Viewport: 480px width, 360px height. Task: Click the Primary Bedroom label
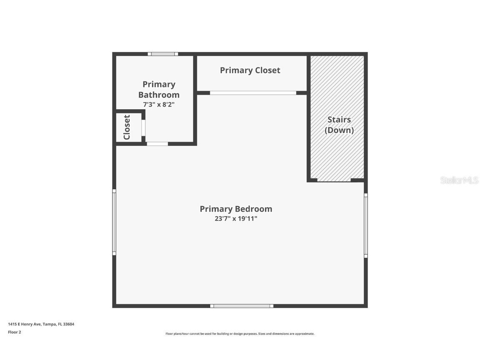[236, 209]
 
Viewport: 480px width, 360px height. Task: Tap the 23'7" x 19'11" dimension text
[236, 219]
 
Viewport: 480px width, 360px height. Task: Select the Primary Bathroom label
[159, 90]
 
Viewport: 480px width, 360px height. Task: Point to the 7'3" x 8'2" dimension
[159, 104]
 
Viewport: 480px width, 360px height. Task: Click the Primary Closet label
[250, 70]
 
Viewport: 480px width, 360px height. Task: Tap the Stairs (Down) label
[339, 125]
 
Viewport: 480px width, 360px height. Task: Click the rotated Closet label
[127, 127]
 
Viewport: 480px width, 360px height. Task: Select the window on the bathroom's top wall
[163, 54]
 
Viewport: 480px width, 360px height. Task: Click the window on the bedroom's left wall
[114, 222]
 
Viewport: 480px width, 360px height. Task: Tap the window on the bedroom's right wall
[366, 226]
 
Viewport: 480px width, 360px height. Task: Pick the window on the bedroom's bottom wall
[242, 306]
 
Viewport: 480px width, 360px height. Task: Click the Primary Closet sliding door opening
[253, 93]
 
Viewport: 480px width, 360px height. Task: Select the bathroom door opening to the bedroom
[157, 144]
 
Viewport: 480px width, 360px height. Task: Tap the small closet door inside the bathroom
[143, 127]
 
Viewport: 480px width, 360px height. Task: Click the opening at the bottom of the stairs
[334, 180]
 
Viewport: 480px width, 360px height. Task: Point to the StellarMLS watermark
[459, 180]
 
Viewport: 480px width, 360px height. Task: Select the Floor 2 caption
[14, 332]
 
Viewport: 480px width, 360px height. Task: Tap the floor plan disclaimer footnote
[240, 334]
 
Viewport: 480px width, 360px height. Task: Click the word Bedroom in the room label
[254, 209]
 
